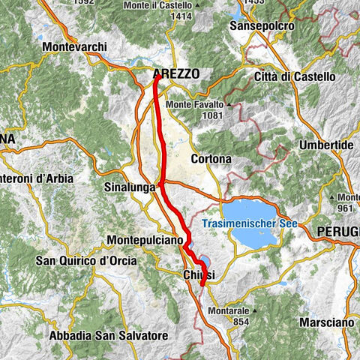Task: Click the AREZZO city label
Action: click(x=176, y=73)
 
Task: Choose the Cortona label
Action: click(x=211, y=159)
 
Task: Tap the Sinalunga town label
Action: click(x=129, y=184)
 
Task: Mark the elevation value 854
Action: click(x=240, y=301)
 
